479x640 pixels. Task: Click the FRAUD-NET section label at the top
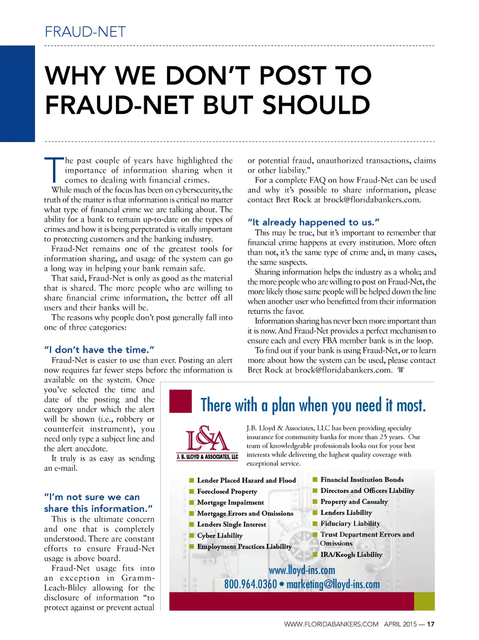pos(85,32)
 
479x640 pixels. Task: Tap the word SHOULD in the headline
pos(316,105)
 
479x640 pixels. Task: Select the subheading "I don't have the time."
pos(99,349)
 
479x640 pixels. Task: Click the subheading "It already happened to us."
pos(313,222)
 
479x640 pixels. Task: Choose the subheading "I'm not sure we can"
pos(92,497)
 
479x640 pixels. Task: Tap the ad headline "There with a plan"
pos(313,405)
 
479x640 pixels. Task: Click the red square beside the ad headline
pos(181,401)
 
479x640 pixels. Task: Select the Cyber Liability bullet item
pos(219,535)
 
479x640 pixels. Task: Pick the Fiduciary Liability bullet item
pos(350,524)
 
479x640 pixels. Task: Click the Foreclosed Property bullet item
pos(227,491)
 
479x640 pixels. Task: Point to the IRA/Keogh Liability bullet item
pos(351,555)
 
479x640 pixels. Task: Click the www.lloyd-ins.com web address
pos(302,570)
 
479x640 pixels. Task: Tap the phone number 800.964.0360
pos(250,584)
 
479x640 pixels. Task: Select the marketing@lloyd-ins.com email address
pos(333,584)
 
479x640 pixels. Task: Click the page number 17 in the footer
pos(431,624)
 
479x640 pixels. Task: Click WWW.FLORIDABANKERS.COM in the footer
pos(331,624)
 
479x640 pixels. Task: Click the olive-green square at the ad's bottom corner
pos(424,601)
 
